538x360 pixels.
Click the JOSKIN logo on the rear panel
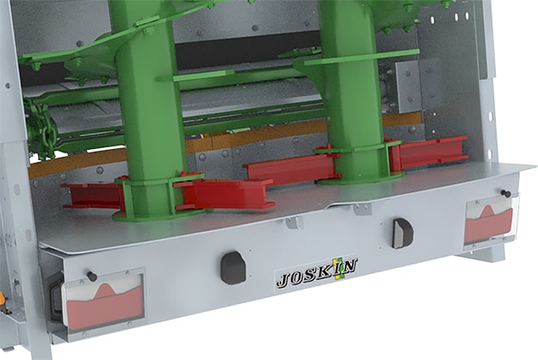pos(317,273)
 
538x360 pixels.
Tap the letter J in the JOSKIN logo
pos(284,280)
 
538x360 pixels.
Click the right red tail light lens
pos(489,223)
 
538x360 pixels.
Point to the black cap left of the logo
pos(233,267)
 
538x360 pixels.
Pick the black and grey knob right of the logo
pos(403,233)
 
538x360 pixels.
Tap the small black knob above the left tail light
pos(91,276)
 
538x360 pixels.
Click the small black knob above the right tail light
pos(505,193)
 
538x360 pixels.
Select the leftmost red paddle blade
pos(92,196)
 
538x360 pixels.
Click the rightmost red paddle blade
pos(430,152)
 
